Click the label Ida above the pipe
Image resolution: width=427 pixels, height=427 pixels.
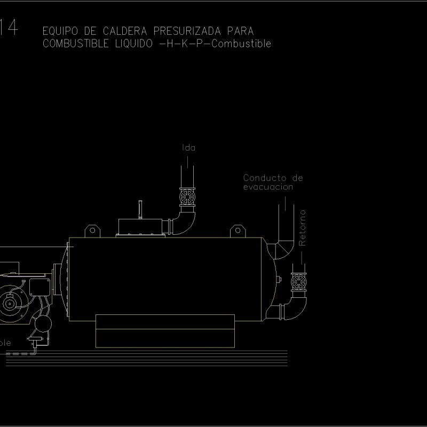188,148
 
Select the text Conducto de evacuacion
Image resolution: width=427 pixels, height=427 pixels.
273,182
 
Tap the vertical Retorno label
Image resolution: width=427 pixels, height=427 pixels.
303,227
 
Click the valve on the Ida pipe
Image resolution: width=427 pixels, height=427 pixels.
187,197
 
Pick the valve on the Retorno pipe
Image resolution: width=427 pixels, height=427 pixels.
299,282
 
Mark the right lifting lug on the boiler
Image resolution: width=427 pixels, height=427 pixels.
237,231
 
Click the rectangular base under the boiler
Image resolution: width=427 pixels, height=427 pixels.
164,331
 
